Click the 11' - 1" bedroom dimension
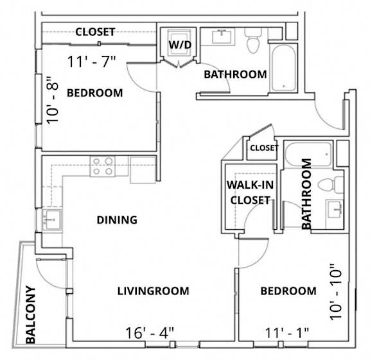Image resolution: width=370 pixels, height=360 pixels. point(286,332)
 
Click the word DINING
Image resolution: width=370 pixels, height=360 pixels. point(117,220)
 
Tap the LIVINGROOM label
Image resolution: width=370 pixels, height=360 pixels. point(154,291)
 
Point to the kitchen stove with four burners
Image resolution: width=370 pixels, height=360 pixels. point(103,166)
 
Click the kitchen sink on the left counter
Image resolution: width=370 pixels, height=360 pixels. point(51,219)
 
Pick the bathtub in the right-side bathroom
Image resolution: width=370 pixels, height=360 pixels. point(308,155)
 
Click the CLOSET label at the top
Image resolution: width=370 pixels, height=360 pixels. point(95,31)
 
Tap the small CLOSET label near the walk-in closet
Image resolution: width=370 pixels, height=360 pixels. point(264,148)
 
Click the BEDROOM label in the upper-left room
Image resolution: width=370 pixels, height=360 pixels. point(94,93)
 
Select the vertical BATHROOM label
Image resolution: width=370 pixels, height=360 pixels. point(306,194)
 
